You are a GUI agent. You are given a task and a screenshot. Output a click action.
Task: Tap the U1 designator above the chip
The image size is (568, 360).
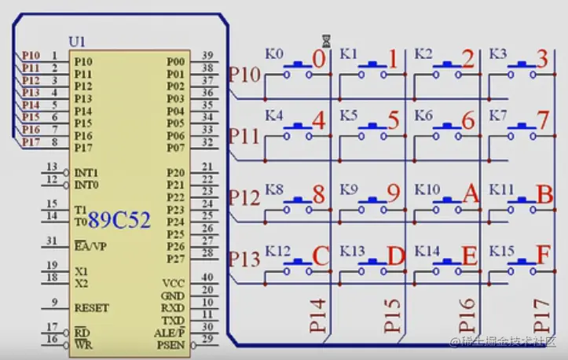(79, 42)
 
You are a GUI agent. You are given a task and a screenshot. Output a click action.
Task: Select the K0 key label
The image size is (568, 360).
(274, 54)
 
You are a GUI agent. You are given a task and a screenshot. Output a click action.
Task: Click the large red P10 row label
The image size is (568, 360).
(244, 75)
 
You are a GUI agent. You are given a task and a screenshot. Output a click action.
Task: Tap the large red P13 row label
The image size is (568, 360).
(244, 258)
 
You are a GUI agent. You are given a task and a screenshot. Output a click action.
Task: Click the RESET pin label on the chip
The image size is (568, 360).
(92, 308)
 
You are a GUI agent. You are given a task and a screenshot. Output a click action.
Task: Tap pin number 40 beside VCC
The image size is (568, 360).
(207, 277)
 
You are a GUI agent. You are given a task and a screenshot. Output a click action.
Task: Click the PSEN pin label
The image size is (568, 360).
(171, 344)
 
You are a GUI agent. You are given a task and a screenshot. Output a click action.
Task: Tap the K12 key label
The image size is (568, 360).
(277, 251)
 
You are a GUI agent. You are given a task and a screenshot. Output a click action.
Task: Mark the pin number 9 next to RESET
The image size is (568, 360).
(53, 302)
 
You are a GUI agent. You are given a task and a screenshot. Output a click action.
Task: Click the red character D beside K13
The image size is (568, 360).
(395, 256)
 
